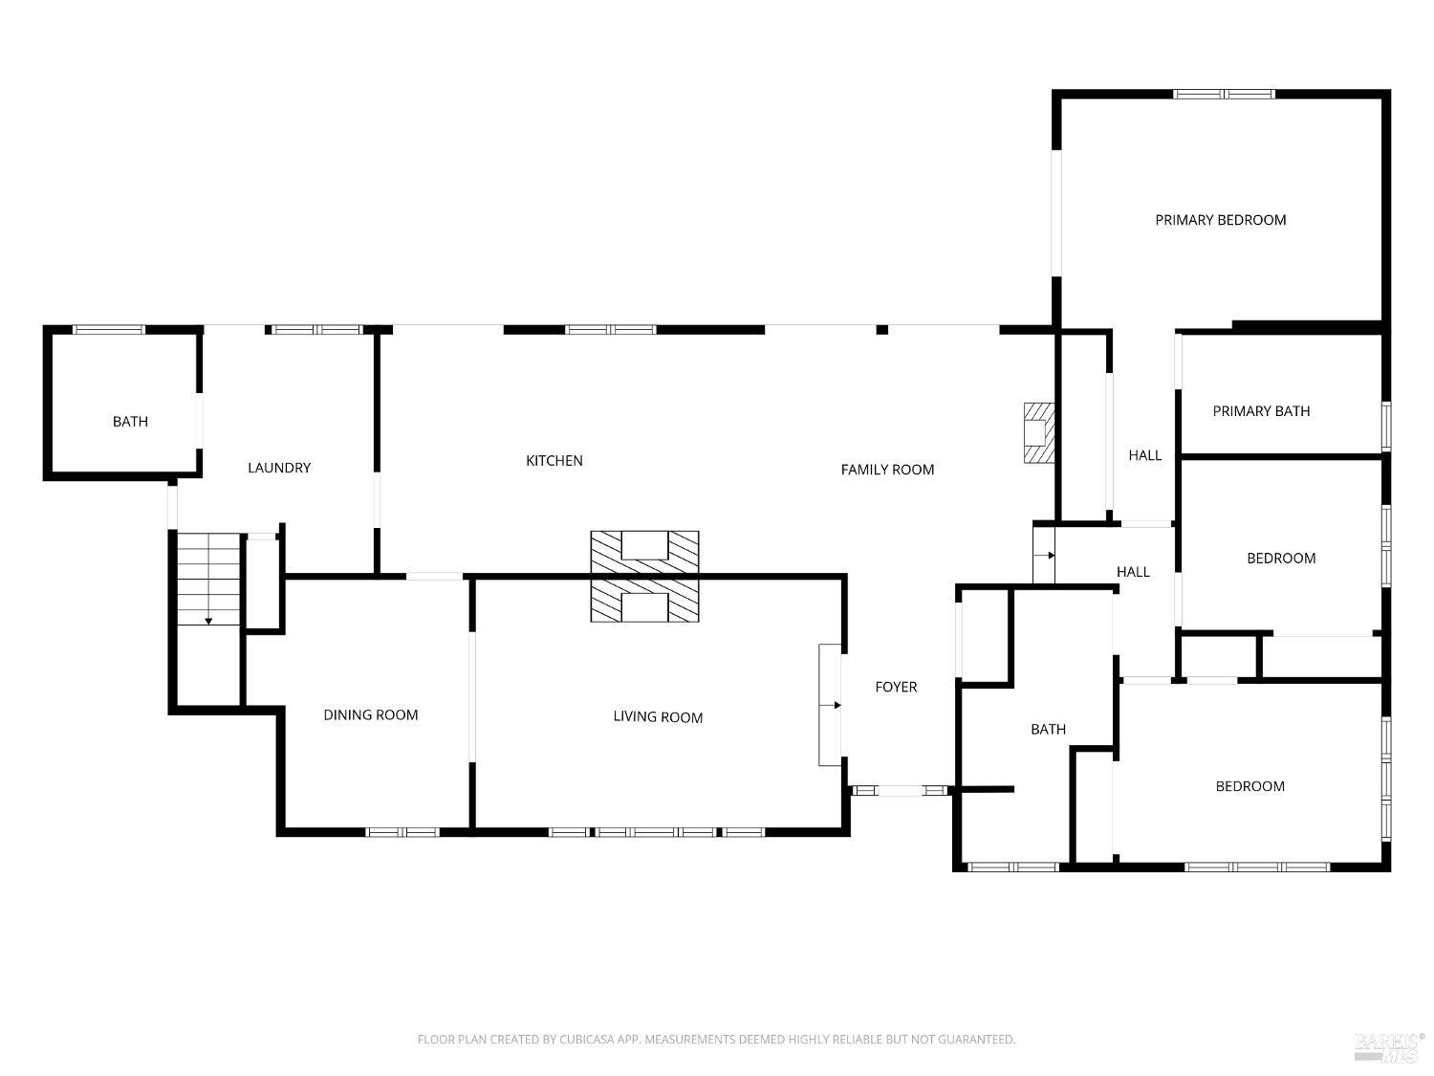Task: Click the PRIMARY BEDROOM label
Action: click(1220, 220)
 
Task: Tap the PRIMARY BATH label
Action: click(1261, 411)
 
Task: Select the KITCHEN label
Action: click(554, 461)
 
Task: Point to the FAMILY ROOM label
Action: click(887, 470)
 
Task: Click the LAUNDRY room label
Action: click(279, 468)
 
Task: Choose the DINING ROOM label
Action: click(370, 714)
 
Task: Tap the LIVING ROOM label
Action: click(658, 717)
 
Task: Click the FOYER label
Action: click(896, 687)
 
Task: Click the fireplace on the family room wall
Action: click(1038, 433)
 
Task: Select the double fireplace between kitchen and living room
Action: click(644, 576)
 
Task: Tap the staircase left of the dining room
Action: click(208, 579)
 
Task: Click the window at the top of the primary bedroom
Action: click(1223, 94)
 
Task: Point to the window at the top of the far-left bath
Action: click(108, 330)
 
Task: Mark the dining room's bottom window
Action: click(402, 832)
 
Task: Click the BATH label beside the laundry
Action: click(130, 422)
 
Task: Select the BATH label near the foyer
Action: click(1048, 729)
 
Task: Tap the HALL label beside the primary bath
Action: click(1144, 455)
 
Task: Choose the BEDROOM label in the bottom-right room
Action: click(1249, 786)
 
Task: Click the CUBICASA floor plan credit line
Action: click(717, 1039)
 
